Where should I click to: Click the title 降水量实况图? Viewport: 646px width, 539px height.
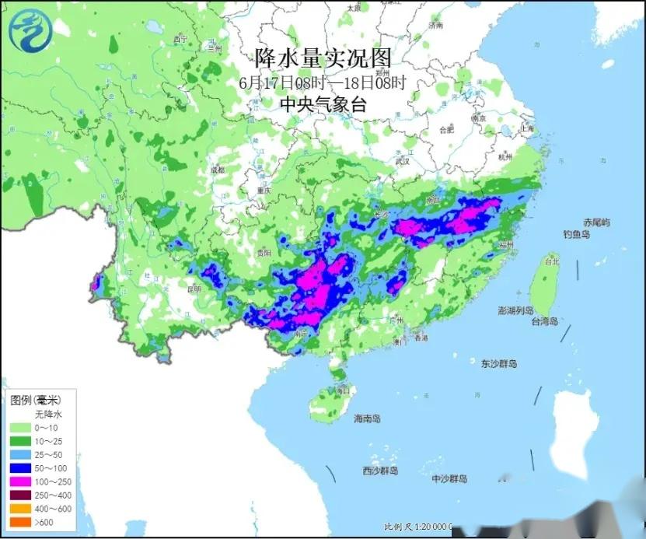click(x=323, y=58)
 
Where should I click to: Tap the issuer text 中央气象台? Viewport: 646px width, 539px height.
click(x=323, y=104)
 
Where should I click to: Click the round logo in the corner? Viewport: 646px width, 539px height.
click(x=28, y=30)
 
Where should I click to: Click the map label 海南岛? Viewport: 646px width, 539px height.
click(x=367, y=419)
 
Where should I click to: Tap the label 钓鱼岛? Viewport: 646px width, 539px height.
click(x=577, y=234)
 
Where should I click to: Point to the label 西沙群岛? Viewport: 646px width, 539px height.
click(x=380, y=471)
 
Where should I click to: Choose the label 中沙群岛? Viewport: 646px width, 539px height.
click(x=450, y=478)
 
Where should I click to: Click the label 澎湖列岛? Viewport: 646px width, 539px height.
click(x=518, y=310)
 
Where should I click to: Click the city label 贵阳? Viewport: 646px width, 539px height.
click(x=265, y=251)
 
